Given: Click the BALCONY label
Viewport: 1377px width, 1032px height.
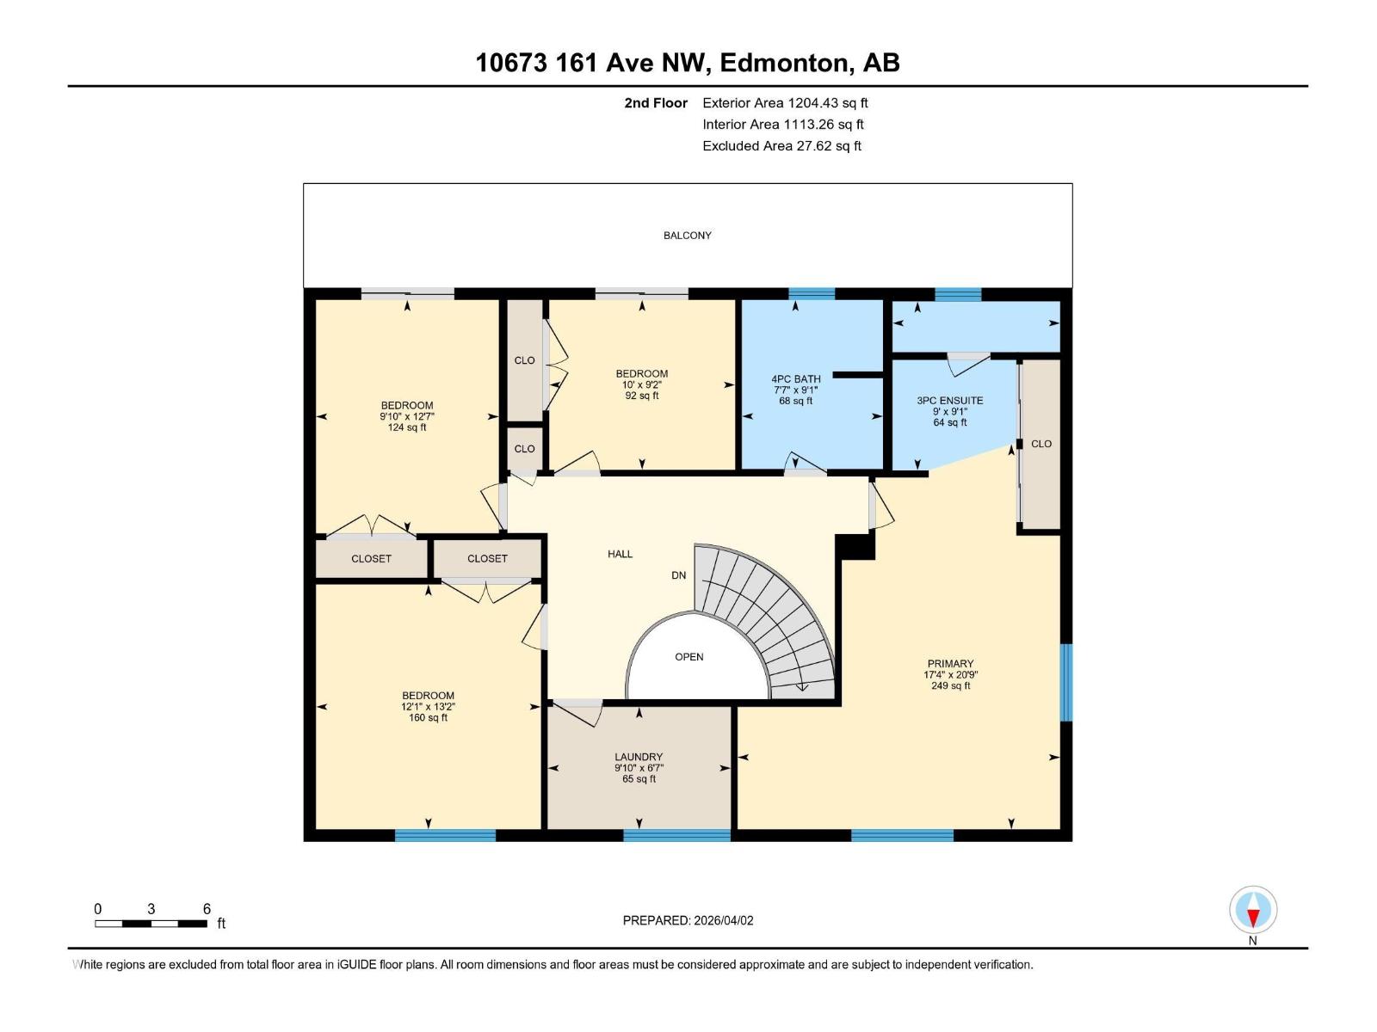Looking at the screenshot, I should point(687,236).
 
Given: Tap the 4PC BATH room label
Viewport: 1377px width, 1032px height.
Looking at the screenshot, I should point(795,379).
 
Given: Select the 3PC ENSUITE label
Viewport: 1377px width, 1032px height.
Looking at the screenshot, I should point(949,401).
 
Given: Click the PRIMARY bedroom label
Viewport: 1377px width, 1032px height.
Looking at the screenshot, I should point(950,664).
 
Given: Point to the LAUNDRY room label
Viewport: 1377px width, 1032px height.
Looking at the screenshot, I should point(639,757).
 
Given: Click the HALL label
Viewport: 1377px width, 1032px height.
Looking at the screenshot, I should point(620,555).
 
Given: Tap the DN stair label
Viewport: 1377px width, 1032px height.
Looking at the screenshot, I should point(679,575).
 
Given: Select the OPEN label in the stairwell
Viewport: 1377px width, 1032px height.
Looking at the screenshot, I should point(688,657).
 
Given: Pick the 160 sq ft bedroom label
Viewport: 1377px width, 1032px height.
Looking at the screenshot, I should point(428,717).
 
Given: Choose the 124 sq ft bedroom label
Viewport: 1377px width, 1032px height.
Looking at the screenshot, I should point(406,427).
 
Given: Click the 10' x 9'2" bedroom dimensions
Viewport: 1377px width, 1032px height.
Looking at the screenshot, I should point(641,384).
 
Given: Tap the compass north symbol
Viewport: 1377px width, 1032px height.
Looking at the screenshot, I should point(1253,911).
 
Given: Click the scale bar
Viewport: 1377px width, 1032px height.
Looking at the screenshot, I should point(151,924).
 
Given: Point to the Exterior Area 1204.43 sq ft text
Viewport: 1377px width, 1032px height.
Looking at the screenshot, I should point(784,103).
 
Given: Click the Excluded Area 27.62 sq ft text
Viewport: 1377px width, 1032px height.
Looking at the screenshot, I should point(781,146).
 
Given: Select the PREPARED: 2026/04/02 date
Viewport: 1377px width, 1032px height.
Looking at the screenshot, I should point(688,920).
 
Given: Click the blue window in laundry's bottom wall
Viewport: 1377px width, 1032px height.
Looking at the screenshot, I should point(676,834).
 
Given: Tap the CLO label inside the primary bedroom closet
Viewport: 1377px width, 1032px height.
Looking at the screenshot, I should point(1040,445).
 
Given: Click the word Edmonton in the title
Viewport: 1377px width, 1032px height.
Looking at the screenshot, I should point(783,63).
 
